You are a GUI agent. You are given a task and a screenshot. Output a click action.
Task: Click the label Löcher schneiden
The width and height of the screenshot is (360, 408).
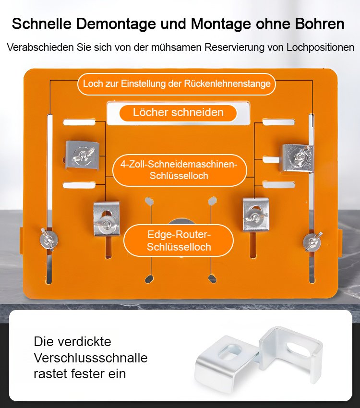click(178, 113)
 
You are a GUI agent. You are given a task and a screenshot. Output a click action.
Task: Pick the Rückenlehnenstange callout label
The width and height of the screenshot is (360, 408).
click(177, 84)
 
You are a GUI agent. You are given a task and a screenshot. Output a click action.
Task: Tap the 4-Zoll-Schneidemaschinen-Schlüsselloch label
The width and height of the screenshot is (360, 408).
click(179, 170)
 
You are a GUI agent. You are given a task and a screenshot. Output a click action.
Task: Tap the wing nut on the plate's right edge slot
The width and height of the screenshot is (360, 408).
click(312, 241)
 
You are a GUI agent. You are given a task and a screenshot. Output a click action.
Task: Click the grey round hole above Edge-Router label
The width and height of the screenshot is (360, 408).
click(181, 222)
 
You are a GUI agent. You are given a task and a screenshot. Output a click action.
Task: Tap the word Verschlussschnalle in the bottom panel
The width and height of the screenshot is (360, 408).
click(90, 358)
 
